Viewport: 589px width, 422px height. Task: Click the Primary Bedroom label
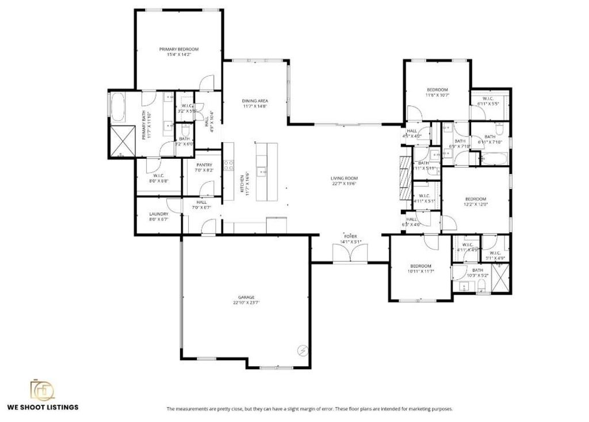click(x=178, y=50)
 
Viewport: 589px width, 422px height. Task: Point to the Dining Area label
click(x=255, y=101)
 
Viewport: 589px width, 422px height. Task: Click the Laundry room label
click(x=158, y=214)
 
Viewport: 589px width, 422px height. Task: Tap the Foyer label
click(x=350, y=237)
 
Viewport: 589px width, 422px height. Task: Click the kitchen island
click(x=266, y=171)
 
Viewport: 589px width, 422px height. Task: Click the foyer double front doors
click(x=350, y=254)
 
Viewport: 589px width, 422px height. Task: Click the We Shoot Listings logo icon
click(x=43, y=391)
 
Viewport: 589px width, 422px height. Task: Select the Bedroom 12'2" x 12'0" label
click(x=476, y=199)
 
